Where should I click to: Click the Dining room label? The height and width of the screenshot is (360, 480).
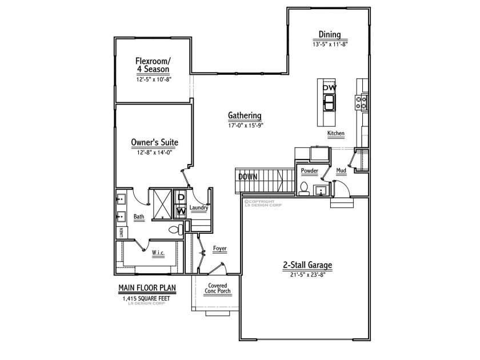pos(330,34)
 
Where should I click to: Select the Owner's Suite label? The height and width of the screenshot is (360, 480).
pos(154,142)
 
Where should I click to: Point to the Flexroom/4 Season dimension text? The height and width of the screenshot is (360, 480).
pos(154,79)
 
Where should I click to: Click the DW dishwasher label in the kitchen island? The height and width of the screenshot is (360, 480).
pos(329,87)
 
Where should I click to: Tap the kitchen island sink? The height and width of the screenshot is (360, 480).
pos(329,102)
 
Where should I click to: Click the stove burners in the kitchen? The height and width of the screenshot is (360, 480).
pos(361,102)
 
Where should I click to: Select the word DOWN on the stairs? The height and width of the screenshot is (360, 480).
pos(248,177)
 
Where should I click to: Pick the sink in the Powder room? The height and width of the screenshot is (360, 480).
pos(321,190)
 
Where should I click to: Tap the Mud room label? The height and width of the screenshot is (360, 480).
pos(341,170)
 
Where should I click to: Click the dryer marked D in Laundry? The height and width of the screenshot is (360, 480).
pos(181,197)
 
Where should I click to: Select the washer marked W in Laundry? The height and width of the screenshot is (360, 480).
pos(181,211)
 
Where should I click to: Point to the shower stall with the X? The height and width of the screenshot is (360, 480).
pos(162,204)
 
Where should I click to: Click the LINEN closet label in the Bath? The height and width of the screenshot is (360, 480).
pos(122,233)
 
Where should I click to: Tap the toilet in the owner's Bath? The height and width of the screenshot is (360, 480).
pos(176,230)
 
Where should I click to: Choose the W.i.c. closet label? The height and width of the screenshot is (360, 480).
pos(158,253)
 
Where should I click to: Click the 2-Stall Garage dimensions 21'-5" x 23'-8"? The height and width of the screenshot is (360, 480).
pos(307,275)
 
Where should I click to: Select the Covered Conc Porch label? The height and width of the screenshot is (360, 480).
pos(218,289)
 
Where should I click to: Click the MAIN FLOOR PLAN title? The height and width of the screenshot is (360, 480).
pos(147,288)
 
